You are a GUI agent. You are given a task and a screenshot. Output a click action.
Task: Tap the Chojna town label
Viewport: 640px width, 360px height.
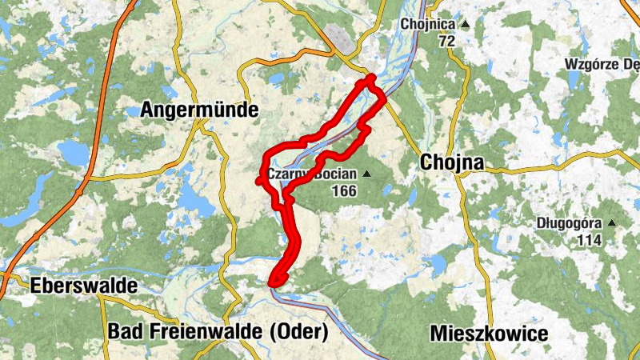point(452,162)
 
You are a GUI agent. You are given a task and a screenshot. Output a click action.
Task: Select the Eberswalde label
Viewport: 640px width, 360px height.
point(83,286)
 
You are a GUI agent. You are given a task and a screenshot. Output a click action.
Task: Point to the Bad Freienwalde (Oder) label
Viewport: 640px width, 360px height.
point(218,330)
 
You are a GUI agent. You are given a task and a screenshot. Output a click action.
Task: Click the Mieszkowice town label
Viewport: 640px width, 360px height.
point(488,334)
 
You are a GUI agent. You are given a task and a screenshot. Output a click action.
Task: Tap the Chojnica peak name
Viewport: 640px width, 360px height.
point(426,24)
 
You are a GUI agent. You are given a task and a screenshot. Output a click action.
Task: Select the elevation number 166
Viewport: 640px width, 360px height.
point(342,190)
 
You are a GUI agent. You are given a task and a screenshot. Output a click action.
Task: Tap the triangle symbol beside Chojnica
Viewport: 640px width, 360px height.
point(465,24)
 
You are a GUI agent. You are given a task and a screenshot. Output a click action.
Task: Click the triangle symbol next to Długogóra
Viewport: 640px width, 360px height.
point(612,223)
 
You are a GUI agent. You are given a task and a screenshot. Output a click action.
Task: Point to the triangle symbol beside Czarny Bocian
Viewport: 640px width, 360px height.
point(367,174)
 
